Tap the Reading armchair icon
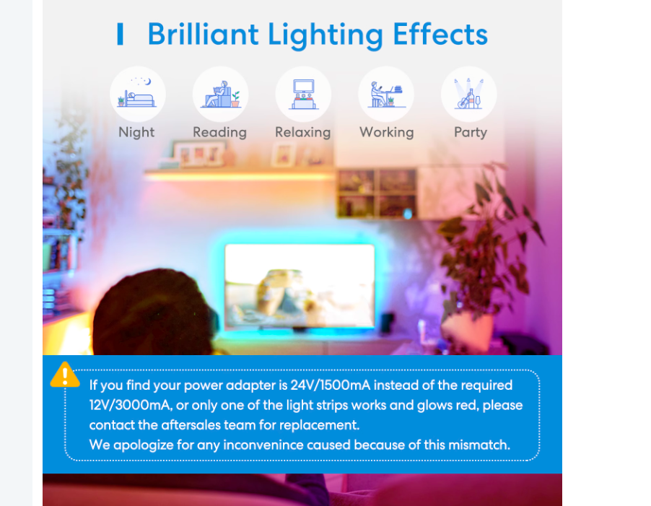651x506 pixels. tap(220, 94)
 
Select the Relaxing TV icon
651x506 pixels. tap(304, 95)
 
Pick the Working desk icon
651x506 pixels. tap(387, 95)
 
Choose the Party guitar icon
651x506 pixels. tap(468, 93)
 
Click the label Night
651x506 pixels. tap(136, 132)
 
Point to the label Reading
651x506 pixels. tap(219, 132)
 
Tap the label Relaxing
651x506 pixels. tap(303, 132)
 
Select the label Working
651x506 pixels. tap(387, 132)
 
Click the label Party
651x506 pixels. tap(471, 132)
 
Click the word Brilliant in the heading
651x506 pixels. tap(204, 34)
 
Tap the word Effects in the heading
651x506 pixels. tap(440, 34)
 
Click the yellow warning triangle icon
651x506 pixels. tap(65, 375)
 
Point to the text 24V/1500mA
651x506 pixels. tap(330, 385)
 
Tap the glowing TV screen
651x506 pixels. tap(300, 286)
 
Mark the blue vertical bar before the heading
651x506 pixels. tap(120, 34)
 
